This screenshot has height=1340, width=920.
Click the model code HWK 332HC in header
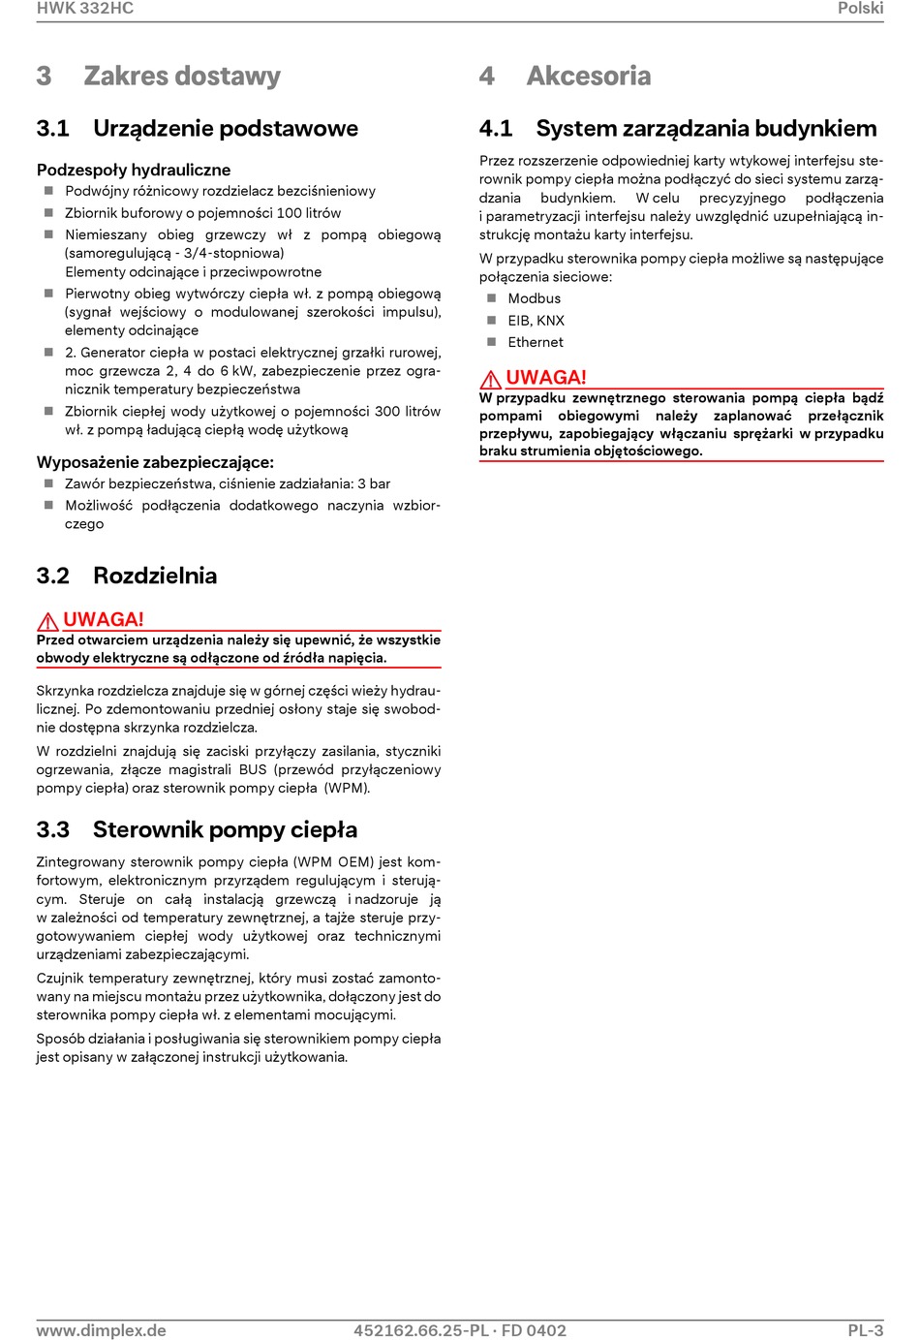click(x=85, y=9)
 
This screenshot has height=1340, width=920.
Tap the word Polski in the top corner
click(x=860, y=9)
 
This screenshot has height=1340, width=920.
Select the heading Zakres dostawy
click(x=182, y=76)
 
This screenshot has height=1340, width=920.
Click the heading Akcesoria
click(x=589, y=76)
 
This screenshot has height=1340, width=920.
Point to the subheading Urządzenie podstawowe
click(x=225, y=129)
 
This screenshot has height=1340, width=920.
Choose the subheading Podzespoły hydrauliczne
click(x=134, y=170)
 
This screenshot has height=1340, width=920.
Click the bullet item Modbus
click(x=535, y=298)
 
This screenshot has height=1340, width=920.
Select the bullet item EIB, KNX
click(x=536, y=321)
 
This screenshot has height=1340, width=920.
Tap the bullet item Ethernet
click(x=536, y=342)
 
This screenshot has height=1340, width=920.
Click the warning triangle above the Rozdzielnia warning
click(x=47, y=621)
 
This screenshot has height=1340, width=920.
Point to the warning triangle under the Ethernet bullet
click(x=491, y=379)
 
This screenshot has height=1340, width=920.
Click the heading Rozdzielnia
click(x=155, y=576)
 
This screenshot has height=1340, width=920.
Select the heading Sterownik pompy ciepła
click(x=225, y=829)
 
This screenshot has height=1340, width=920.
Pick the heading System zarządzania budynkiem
click(x=706, y=129)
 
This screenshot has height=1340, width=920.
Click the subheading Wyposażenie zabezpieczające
click(x=155, y=462)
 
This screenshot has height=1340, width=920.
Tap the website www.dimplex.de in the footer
click(x=102, y=1330)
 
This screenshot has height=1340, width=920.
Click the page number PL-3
click(x=865, y=1330)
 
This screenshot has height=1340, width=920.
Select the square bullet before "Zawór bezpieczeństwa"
click(x=48, y=483)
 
